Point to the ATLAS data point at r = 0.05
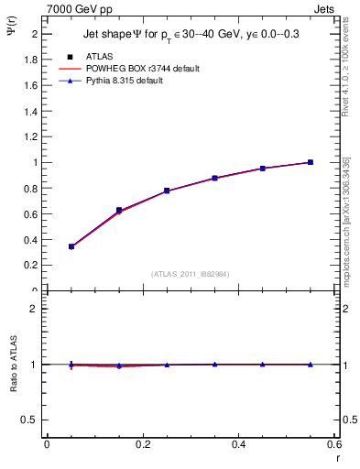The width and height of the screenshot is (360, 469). click(71, 246)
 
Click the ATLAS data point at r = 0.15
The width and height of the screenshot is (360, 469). click(119, 210)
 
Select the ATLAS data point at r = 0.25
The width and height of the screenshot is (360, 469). click(167, 191)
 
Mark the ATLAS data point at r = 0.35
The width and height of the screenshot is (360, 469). click(214, 178)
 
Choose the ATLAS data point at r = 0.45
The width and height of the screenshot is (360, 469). click(263, 169)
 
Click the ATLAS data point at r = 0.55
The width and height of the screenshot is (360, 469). click(311, 162)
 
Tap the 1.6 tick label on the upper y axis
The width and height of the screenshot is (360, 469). click(30, 84)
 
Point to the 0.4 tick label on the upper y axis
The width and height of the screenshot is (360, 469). click(30, 239)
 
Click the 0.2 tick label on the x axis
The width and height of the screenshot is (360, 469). click(143, 444)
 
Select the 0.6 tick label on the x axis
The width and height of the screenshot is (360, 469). click(333, 444)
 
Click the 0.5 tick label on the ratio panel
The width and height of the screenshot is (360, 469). click(30, 420)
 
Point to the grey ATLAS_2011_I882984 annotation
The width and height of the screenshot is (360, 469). click(189, 274)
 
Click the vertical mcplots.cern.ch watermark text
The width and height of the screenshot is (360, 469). click(346, 220)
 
